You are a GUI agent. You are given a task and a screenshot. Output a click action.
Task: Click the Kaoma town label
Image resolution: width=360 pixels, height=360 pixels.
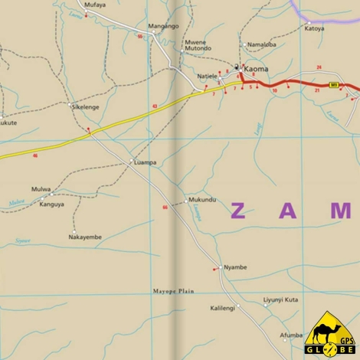[257, 69]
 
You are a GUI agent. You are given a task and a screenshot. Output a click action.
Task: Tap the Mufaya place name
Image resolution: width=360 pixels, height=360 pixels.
[96, 5]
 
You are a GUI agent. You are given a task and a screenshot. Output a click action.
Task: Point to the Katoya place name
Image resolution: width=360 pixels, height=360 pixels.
[314, 29]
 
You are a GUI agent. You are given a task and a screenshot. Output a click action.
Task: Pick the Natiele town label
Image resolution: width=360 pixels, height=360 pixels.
[208, 76]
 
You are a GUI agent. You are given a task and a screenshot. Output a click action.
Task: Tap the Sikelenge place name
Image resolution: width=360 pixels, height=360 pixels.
[85, 107]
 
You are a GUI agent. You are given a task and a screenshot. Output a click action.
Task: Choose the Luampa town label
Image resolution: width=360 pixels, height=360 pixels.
[145, 162]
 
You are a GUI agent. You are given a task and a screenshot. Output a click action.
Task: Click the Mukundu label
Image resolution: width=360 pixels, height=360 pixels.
[202, 200]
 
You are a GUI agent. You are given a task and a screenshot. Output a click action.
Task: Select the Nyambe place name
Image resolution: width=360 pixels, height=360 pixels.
[234, 267]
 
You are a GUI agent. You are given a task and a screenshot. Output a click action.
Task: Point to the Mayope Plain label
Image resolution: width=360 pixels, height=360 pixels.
[173, 291]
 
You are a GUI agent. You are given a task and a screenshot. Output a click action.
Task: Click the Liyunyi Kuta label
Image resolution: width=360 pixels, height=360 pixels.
[280, 299]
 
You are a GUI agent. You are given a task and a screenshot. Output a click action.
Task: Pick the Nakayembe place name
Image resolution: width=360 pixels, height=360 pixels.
[85, 237]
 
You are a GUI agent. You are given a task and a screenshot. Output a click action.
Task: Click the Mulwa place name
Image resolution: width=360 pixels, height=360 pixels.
[41, 189]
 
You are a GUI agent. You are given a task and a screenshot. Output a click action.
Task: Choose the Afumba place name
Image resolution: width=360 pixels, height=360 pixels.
[291, 335]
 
